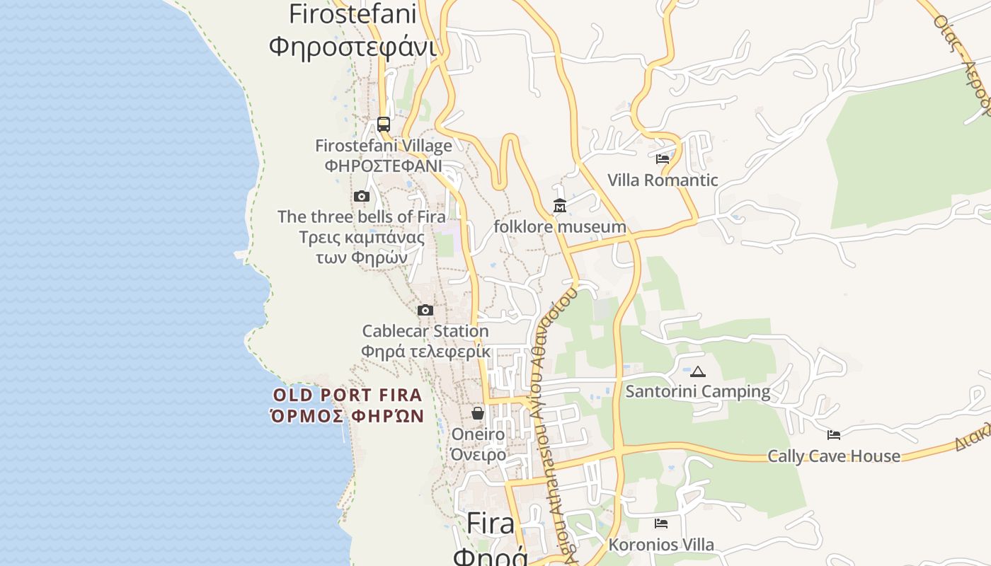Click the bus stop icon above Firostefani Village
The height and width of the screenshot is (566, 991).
[384, 125]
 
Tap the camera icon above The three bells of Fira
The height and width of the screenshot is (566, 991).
[362, 196]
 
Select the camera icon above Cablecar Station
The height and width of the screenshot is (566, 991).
[425, 310]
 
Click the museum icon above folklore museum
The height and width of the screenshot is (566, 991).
[560, 206]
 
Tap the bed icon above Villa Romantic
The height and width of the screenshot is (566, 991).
[663, 159]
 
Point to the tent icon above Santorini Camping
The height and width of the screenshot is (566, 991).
[698, 371]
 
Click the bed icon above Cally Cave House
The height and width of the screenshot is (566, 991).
[834, 435]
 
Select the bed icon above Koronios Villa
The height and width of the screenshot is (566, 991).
[661, 524]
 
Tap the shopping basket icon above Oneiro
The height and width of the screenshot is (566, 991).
[478, 413]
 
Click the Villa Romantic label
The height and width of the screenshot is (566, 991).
[663, 180]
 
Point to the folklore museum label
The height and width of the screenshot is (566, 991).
[560, 226]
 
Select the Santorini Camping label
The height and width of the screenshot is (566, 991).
[698, 391]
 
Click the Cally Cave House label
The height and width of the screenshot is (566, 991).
[834, 456]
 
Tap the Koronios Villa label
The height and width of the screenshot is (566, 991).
[661, 545]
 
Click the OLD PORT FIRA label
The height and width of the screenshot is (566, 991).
[348, 395]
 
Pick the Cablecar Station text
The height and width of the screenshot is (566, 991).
[425, 330]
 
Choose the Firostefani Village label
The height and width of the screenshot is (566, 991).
[384, 146]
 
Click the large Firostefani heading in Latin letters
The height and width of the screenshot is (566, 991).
[353, 13]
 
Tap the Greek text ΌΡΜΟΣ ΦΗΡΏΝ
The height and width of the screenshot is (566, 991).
[348, 416]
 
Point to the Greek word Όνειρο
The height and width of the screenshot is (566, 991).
[479, 454]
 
